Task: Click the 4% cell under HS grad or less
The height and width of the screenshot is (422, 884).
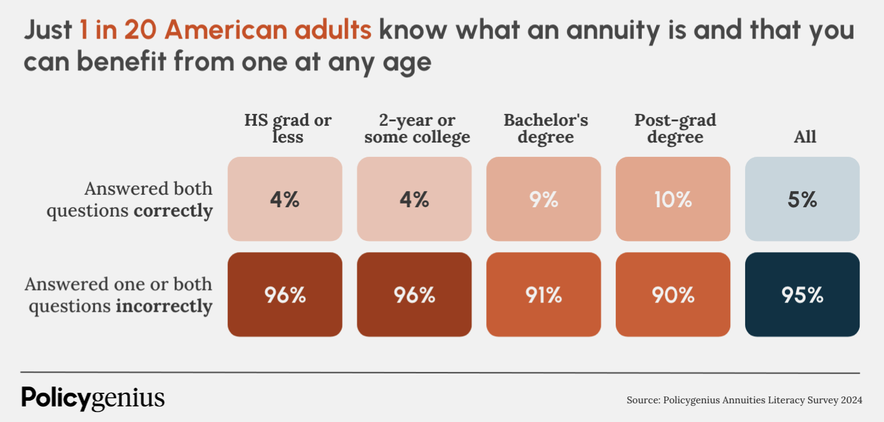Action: click(x=284, y=199)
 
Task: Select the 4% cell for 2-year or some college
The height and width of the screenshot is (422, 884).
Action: click(x=414, y=199)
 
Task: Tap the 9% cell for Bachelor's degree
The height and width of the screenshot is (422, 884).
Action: click(x=543, y=199)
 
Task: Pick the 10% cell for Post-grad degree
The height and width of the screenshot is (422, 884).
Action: click(x=673, y=199)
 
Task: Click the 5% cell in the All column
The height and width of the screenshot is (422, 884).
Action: click(x=802, y=199)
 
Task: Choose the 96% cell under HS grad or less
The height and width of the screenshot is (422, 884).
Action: click(x=284, y=294)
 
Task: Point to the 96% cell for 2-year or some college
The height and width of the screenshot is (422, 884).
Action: click(x=414, y=294)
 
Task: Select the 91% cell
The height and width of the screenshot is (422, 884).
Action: click(x=543, y=294)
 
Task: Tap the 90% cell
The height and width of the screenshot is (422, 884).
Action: click(x=673, y=294)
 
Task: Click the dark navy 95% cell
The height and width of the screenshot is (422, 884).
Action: click(x=802, y=294)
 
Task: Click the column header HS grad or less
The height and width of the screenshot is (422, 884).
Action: click(x=288, y=128)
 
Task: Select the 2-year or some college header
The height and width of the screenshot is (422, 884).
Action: click(x=417, y=128)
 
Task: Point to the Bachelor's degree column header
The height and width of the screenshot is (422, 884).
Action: click(x=545, y=128)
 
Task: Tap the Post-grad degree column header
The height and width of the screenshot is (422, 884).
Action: click(x=675, y=128)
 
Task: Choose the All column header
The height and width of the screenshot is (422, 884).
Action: click(x=804, y=136)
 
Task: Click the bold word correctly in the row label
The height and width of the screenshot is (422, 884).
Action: click(x=173, y=211)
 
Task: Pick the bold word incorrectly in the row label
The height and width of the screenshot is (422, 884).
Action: click(x=164, y=307)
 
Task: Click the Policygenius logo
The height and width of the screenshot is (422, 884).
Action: click(x=93, y=398)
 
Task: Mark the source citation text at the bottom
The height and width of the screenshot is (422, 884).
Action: click(x=744, y=400)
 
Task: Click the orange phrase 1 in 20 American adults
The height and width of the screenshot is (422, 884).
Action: click(x=225, y=30)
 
